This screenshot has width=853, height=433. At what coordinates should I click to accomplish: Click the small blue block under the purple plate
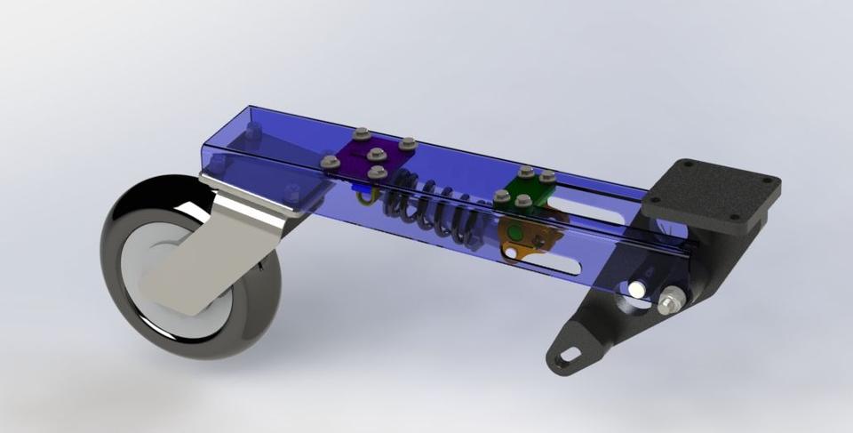[359, 188]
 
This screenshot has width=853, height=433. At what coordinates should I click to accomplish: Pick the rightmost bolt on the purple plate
[408, 143]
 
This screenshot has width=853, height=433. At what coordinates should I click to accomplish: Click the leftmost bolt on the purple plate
[330, 162]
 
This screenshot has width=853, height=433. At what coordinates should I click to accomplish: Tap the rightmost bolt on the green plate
[547, 178]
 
